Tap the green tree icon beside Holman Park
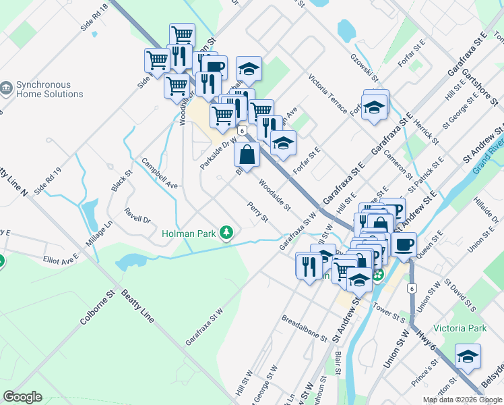227,234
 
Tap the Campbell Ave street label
159,173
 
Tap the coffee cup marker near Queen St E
404,244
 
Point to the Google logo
23,397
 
